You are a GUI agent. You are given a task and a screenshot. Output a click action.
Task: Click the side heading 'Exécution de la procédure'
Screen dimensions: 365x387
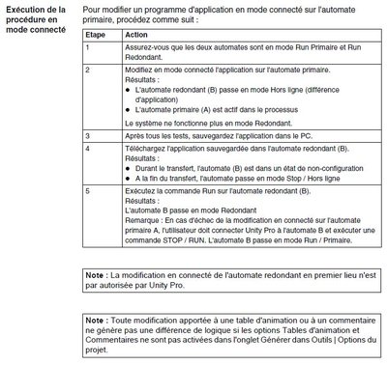click(x=37, y=15)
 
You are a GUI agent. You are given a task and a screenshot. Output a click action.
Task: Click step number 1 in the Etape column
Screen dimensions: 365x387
click(x=88, y=46)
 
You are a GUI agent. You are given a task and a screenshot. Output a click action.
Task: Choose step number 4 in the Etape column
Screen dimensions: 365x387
click(x=88, y=151)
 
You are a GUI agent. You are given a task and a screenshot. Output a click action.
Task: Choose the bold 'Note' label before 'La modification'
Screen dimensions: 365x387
click(x=96, y=276)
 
